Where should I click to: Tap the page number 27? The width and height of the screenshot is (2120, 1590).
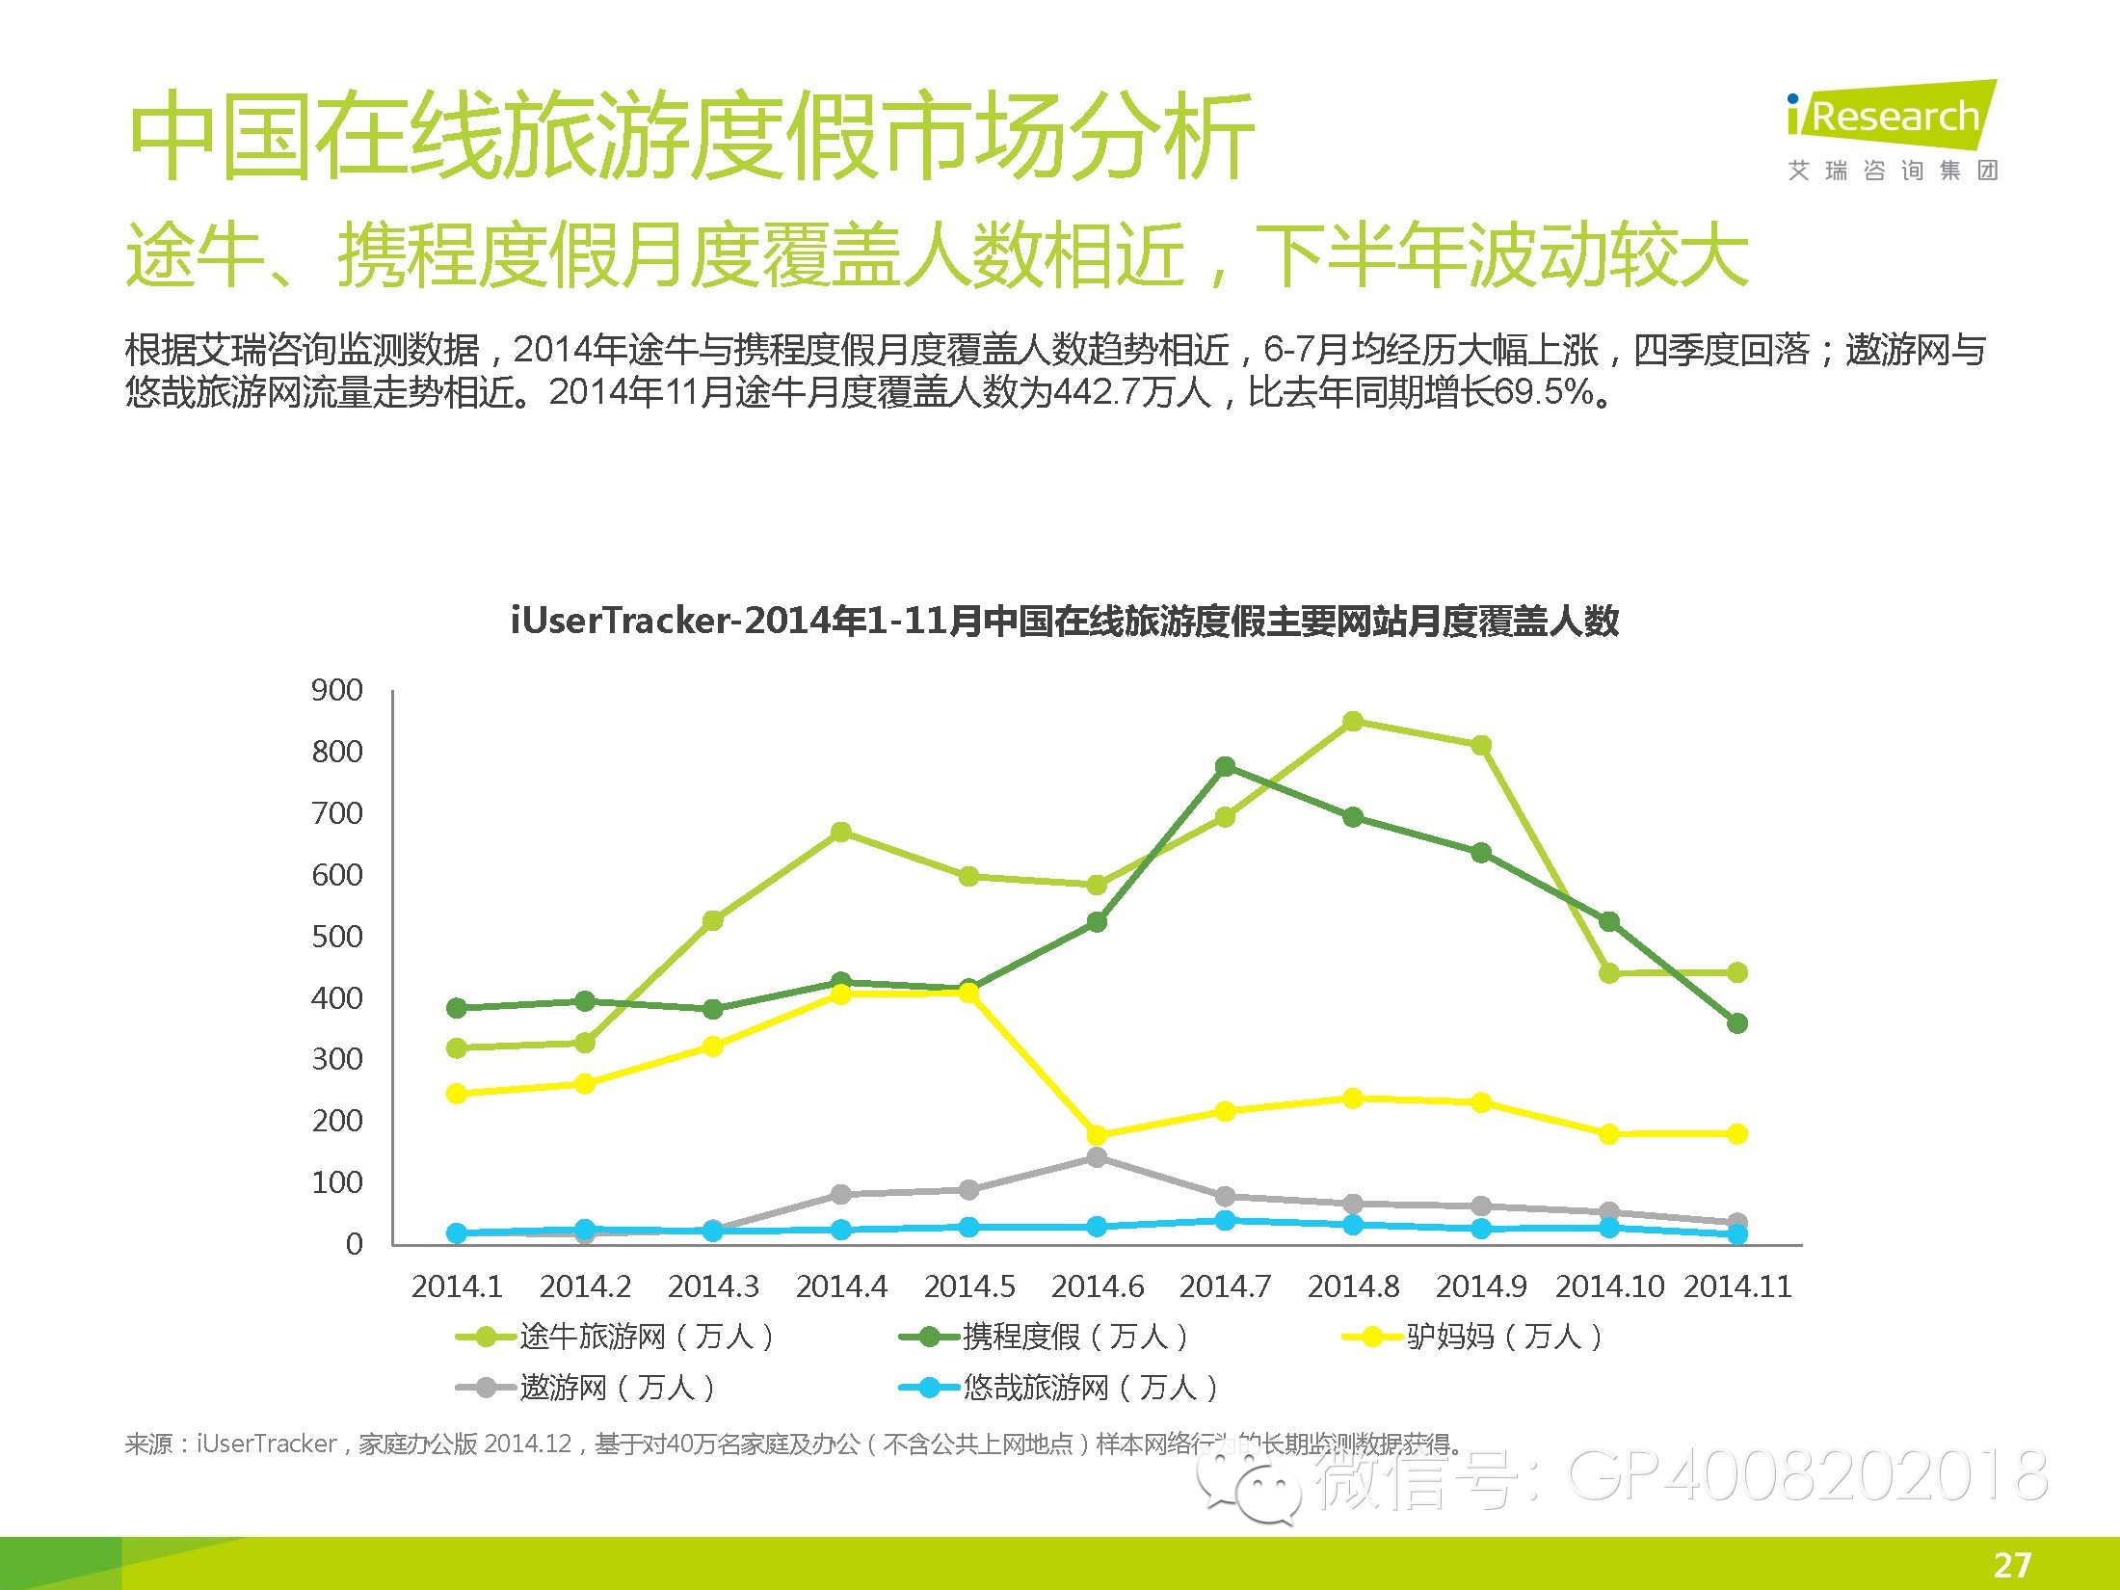(2012, 1564)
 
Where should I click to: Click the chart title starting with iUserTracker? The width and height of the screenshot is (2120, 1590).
(1064, 621)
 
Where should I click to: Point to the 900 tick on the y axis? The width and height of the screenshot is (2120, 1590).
(336, 690)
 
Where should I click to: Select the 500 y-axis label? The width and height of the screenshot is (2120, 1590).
(336, 937)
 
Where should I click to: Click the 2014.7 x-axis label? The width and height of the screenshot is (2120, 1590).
(1225, 1286)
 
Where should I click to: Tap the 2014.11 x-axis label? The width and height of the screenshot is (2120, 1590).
(1736, 1286)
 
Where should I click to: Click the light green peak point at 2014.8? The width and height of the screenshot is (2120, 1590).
(1353, 722)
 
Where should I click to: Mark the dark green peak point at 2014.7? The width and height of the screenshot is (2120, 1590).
(1225, 767)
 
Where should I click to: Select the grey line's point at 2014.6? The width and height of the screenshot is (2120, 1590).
(1097, 1157)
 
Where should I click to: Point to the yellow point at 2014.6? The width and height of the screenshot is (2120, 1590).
(1097, 1135)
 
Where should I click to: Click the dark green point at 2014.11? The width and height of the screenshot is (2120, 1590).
(1737, 1023)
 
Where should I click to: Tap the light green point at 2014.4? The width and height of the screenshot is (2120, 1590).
(840, 832)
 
